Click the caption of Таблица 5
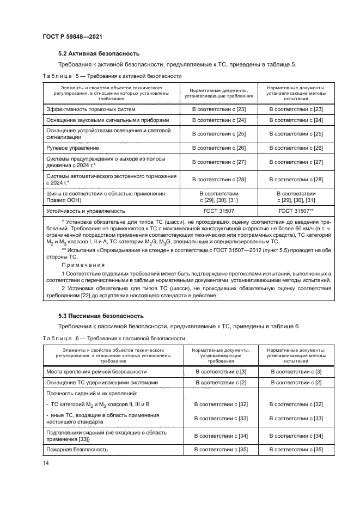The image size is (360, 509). point(112,76)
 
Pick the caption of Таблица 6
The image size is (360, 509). point(113,338)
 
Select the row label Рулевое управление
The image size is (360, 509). point(72,148)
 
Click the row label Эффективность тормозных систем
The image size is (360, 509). point(90,109)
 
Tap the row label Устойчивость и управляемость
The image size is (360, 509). point(86,210)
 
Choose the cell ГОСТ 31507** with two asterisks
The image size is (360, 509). point(296,210)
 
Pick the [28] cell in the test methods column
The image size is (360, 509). point(296,179)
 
